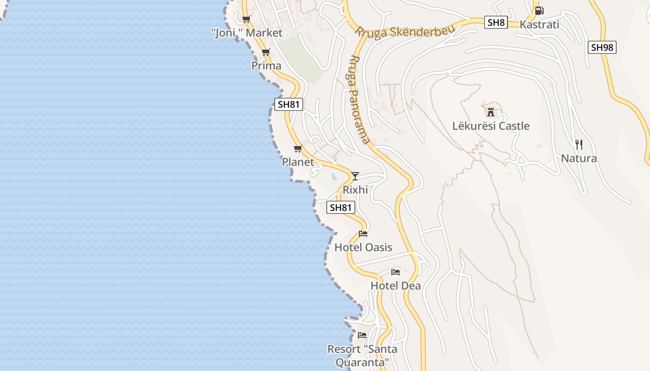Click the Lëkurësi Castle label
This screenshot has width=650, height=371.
point(491,126)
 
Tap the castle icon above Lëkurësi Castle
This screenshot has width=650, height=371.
point(491,112)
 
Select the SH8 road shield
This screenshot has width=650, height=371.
point(496,22)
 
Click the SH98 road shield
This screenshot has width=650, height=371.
point(602,47)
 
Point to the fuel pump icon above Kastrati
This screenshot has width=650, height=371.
point(539,10)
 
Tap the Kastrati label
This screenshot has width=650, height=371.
point(539,25)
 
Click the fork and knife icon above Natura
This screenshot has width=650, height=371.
point(578,145)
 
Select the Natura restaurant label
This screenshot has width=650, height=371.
point(579,159)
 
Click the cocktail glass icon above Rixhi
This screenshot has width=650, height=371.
point(355,176)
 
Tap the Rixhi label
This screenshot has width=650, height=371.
point(355,190)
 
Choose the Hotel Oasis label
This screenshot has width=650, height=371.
point(363,248)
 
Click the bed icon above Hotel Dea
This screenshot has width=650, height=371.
point(396,272)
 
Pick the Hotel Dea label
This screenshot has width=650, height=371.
point(396,286)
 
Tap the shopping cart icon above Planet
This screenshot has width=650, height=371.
point(298,149)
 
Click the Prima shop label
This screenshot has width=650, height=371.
point(266,66)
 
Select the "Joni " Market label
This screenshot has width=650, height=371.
point(247,33)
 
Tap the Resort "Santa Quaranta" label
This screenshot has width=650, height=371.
point(362,355)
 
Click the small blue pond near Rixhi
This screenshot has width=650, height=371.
point(334,177)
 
